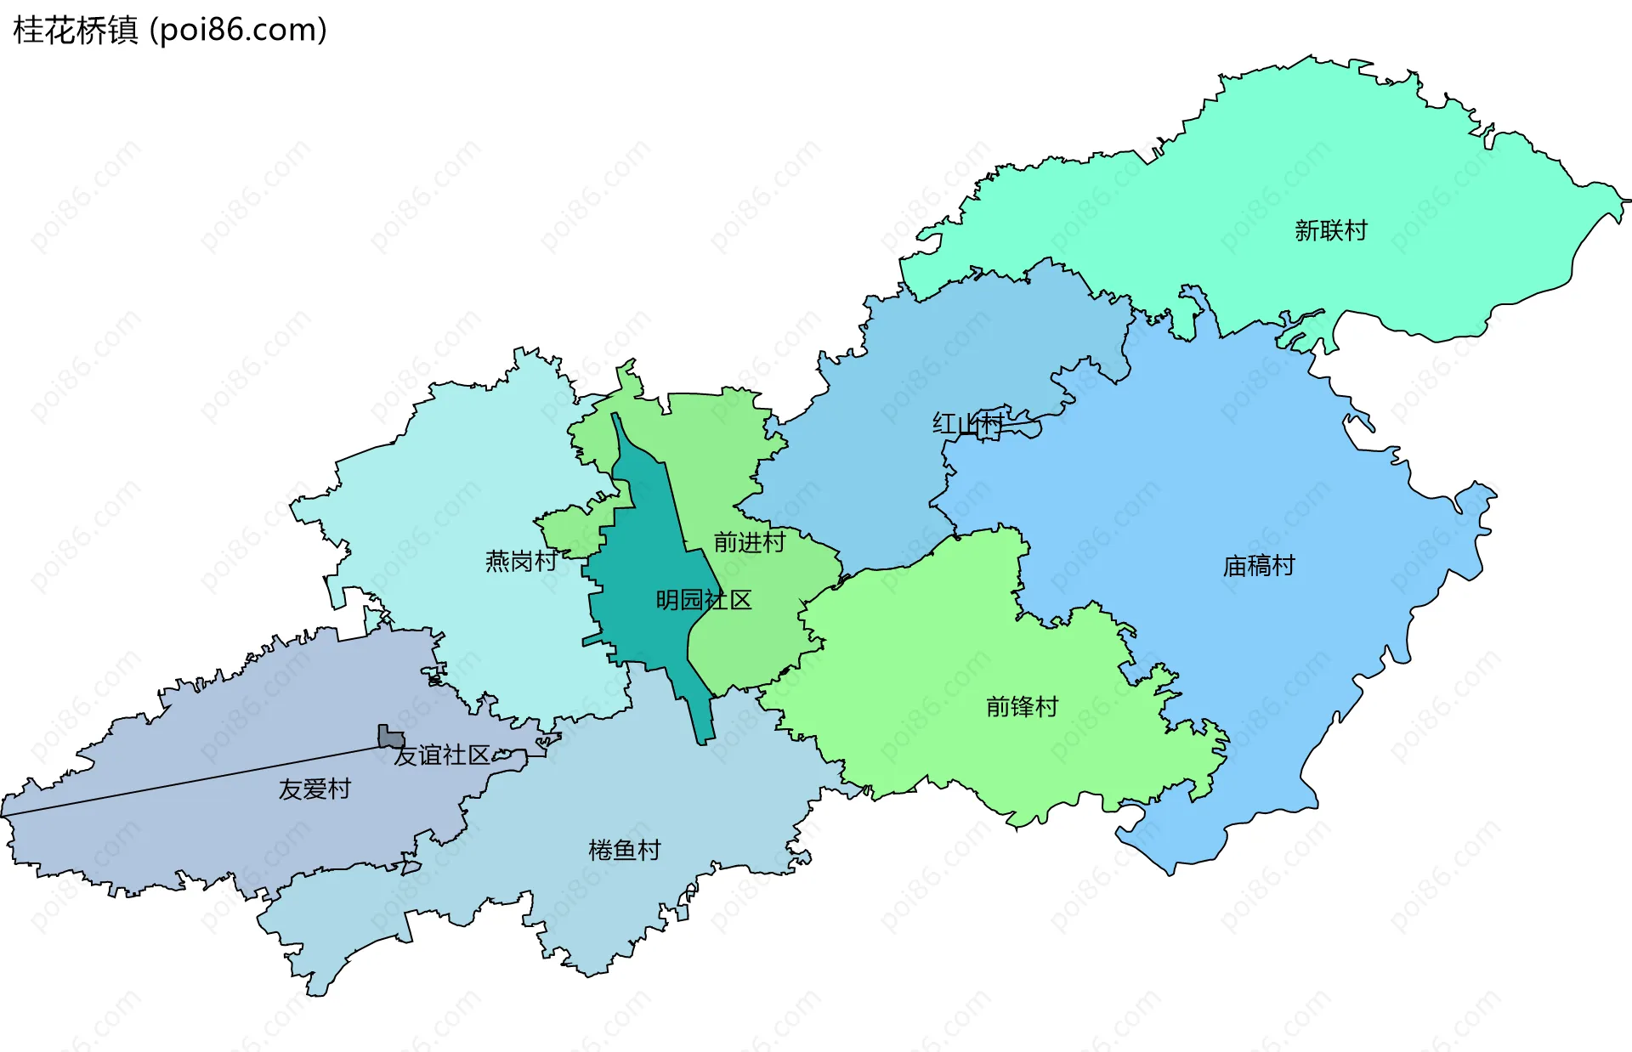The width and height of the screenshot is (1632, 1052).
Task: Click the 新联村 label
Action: tap(1330, 231)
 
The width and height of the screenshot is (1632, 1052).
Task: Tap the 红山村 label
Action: tap(967, 423)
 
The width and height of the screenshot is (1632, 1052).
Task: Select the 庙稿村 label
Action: tap(1258, 566)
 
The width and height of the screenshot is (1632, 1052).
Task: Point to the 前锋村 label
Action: tap(1022, 707)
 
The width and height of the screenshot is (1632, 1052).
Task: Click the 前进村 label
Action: tap(749, 542)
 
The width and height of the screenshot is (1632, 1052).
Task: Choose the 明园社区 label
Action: tap(703, 601)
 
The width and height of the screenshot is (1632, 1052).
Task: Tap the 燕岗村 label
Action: tap(520, 561)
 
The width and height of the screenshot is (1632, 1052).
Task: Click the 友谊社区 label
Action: tap(442, 755)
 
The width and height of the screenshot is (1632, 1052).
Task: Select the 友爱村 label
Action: tap(314, 789)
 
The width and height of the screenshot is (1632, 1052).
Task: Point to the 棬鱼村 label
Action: tap(624, 851)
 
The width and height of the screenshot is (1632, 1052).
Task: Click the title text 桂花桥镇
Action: tap(75, 31)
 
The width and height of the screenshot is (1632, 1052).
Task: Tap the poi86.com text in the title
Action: tap(238, 31)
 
